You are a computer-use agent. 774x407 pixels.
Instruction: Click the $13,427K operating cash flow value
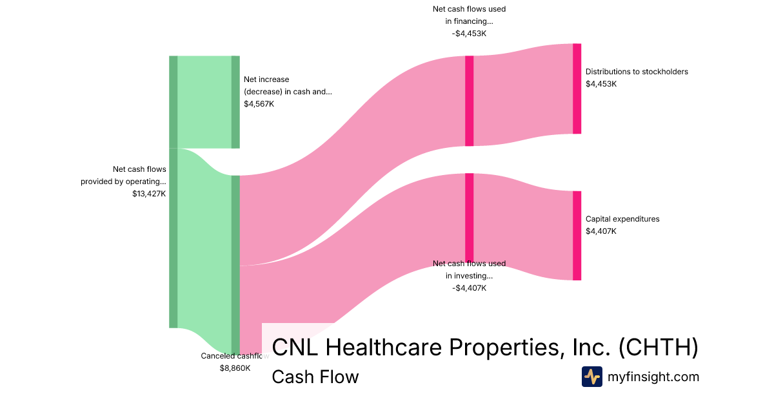coord(149,193)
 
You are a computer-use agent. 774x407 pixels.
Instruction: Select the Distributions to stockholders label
coord(637,72)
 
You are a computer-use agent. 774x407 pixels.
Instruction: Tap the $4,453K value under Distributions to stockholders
coord(600,84)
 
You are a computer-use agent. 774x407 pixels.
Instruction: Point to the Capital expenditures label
coord(622,219)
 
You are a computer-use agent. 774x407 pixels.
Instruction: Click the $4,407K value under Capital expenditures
coord(600,231)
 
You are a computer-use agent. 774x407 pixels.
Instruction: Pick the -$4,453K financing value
coord(469,34)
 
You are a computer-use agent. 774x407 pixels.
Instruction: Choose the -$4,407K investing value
coord(469,288)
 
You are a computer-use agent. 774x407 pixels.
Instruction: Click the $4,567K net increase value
coord(259,103)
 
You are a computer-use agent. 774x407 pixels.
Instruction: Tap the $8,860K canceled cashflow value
coord(235,368)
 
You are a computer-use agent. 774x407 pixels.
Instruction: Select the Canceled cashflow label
coord(235,356)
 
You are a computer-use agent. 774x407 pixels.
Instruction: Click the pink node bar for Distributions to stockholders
coord(577,89)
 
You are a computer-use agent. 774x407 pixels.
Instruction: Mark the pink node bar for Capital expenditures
coord(577,235)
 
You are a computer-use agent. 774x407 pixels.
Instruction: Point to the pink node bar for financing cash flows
coord(469,101)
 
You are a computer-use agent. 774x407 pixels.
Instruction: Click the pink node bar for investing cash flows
coord(469,217)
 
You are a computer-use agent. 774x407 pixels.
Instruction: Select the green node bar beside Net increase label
coord(235,102)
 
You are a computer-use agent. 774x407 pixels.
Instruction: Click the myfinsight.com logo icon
coord(591,377)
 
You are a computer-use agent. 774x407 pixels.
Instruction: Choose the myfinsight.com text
coord(653,377)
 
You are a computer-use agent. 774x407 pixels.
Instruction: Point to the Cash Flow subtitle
coord(315,377)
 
